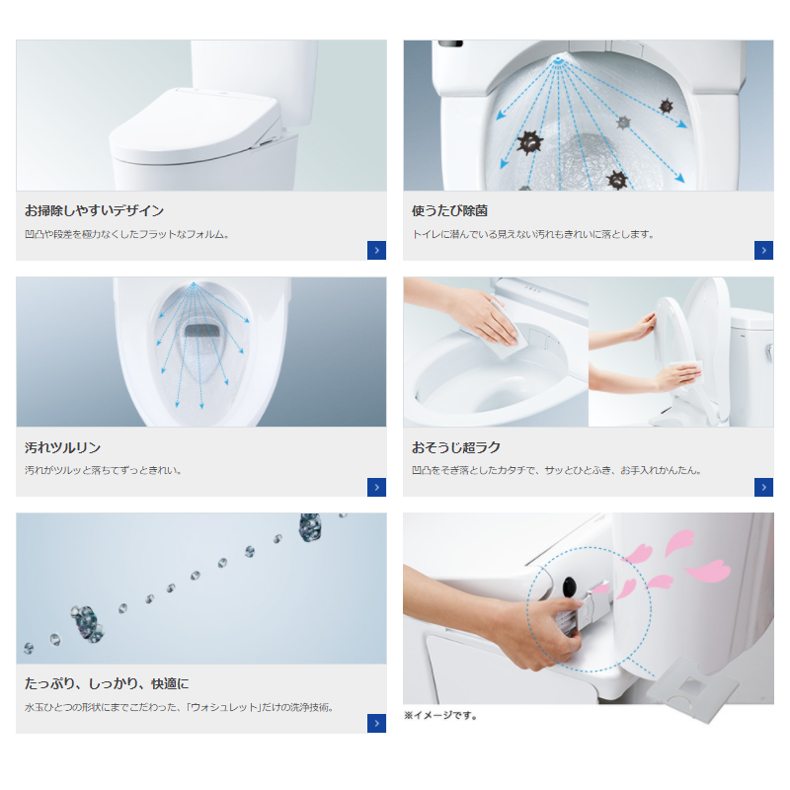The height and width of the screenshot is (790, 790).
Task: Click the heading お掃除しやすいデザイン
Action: pyautogui.click(x=94, y=210)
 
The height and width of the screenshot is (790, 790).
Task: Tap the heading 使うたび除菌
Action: pyautogui.click(x=449, y=210)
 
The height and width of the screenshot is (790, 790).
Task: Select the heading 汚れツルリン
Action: pyautogui.click(x=62, y=447)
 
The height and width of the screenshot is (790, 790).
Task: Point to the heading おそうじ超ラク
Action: pyautogui.click(x=456, y=447)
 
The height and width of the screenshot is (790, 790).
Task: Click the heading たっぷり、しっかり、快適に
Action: pyautogui.click(x=107, y=683)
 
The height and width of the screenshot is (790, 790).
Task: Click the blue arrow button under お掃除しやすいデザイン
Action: pyautogui.click(x=376, y=251)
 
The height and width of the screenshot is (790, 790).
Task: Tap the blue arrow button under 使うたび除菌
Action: pyautogui.click(x=763, y=251)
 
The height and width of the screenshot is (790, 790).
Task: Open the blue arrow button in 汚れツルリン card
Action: pyautogui.click(x=376, y=487)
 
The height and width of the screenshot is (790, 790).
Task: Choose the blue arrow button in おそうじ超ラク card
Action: pyautogui.click(x=763, y=487)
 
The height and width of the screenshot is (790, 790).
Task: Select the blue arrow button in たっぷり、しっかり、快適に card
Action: pyautogui.click(x=376, y=724)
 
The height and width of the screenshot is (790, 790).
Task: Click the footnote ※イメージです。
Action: pyautogui.click(x=440, y=715)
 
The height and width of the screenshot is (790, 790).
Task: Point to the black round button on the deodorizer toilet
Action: pyautogui.click(x=570, y=586)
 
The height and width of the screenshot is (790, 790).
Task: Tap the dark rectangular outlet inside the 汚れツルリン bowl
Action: pyautogui.click(x=202, y=331)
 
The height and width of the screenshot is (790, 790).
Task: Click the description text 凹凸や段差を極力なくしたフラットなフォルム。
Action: pyautogui.click(x=127, y=234)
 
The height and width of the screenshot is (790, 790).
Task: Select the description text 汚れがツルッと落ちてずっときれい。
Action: pyautogui.click(x=104, y=471)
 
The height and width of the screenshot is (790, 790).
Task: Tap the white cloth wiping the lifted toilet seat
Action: pyautogui.click(x=686, y=371)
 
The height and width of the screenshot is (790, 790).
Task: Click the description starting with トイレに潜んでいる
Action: pyautogui.click(x=532, y=234)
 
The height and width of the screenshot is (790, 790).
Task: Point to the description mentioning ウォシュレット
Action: pyautogui.click(x=180, y=707)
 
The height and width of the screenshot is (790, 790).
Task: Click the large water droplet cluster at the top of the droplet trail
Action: pyautogui.click(x=310, y=526)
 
